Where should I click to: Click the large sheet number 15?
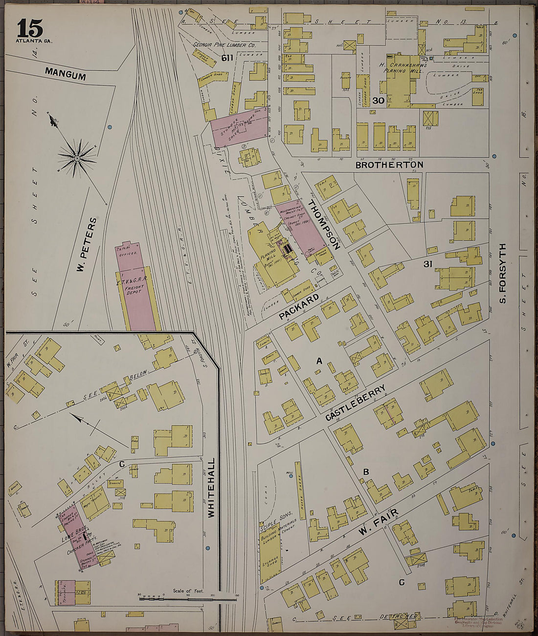point(30,29)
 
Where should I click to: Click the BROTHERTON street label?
point(389,165)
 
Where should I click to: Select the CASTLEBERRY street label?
point(356,403)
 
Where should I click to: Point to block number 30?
point(378,101)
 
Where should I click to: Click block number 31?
point(428,264)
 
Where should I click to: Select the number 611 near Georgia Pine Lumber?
point(227,58)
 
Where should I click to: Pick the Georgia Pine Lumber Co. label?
point(224,45)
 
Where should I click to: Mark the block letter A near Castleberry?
point(319,361)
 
